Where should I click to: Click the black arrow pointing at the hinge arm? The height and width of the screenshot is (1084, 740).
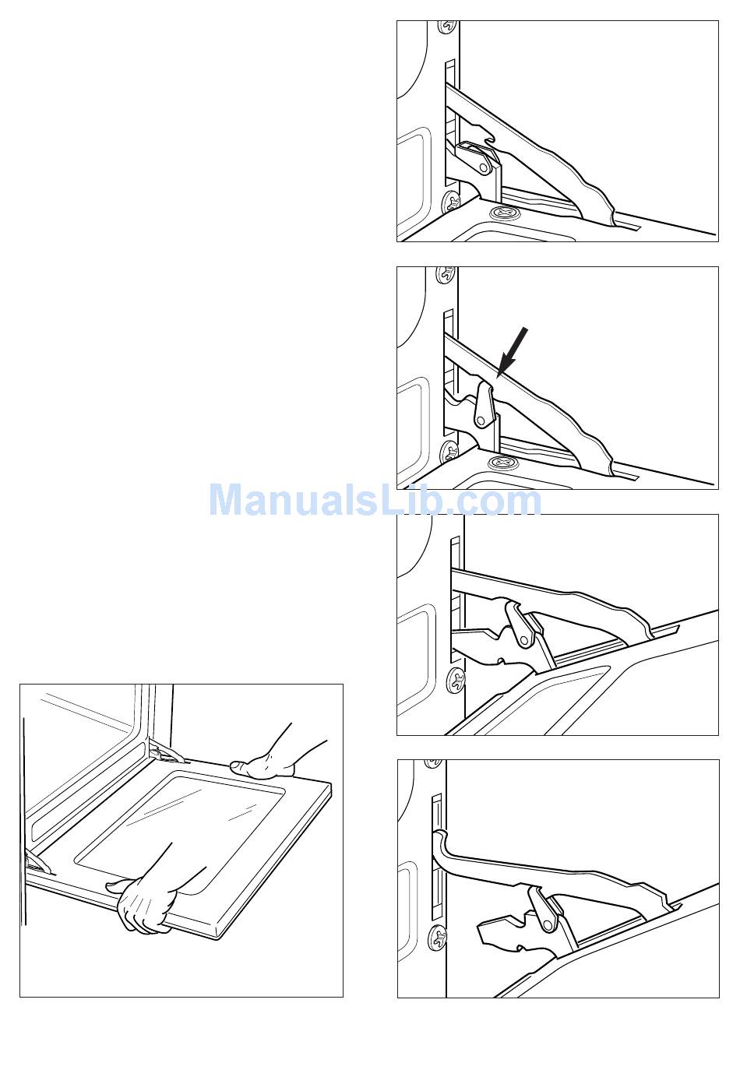(x=513, y=351)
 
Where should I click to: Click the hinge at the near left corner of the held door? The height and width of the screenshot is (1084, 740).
(x=40, y=862)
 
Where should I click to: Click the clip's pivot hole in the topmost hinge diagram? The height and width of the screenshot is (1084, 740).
(x=483, y=166)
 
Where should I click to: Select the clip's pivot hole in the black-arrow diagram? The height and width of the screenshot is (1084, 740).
(x=481, y=420)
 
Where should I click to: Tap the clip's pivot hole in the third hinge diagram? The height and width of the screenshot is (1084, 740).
(x=524, y=641)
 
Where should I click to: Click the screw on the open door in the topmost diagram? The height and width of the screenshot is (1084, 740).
(x=502, y=213)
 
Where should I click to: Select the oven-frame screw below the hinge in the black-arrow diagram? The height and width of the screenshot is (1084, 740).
(x=449, y=453)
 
